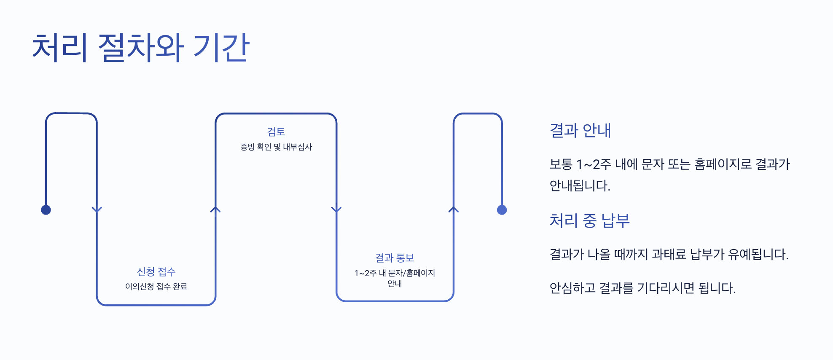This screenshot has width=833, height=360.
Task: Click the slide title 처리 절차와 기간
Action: tap(141, 48)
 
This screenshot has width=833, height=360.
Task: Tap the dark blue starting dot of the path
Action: tap(46, 210)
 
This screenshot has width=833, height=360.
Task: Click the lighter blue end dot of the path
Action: tap(502, 210)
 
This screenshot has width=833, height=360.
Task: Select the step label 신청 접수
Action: tap(156, 271)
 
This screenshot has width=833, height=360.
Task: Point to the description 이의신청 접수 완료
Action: tap(156, 287)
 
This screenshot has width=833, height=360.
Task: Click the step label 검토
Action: tap(276, 132)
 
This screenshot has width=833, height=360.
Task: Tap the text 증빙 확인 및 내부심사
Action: tap(276, 147)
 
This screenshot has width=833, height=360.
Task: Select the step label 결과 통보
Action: tap(395, 258)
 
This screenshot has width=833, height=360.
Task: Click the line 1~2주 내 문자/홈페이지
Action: tap(395, 273)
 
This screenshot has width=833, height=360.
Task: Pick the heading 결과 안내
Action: tap(580, 131)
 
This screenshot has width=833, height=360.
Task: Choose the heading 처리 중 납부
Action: tap(589, 220)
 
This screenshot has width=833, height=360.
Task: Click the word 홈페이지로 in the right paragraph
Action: tap(723, 164)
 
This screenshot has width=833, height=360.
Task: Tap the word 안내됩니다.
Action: tap(580, 185)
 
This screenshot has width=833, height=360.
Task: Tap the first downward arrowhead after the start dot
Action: tap(97, 210)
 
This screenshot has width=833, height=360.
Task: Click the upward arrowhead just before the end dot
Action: tap(454, 210)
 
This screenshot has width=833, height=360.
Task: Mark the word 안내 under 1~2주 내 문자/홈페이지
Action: tap(395, 284)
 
